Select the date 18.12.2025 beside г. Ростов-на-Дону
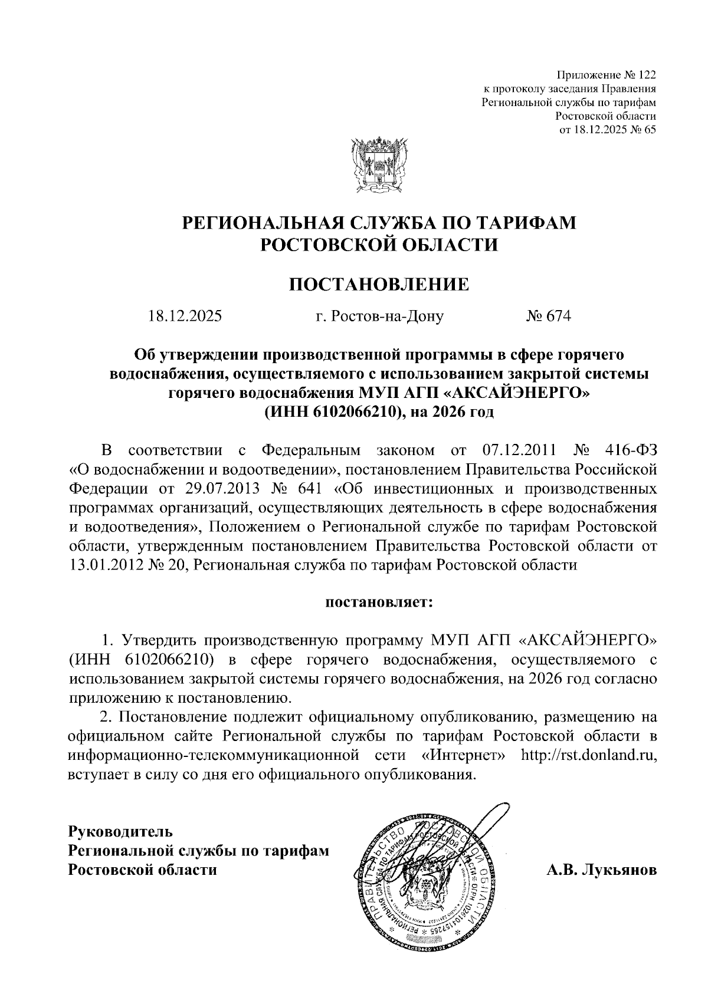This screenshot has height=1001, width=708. (x=185, y=317)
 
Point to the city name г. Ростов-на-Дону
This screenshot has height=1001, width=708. (x=380, y=317)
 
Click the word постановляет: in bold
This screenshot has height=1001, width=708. (x=379, y=602)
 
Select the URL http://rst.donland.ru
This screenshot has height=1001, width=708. (x=588, y=755)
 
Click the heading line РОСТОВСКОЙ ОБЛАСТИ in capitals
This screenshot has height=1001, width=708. (x=379, y=243)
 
